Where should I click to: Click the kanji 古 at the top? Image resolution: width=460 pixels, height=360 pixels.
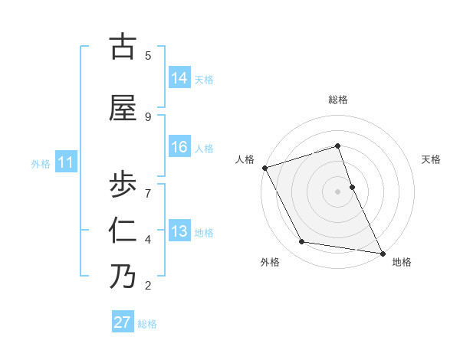click(x=123, y=47)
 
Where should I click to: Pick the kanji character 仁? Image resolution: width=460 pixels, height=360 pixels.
click(x=123, y=231)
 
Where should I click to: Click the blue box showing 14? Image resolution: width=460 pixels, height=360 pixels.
click(x=179, y=78)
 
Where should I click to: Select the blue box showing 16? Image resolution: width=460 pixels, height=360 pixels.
click(x=179, y=147)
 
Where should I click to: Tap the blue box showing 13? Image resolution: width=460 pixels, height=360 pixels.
click(x=179, y=231)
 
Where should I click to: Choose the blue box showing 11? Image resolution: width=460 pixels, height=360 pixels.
click(x=66, y=162)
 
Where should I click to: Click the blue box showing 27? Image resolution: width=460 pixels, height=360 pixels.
click(x=123, y=322)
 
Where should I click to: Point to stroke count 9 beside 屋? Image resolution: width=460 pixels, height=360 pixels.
click(x=148, y=116)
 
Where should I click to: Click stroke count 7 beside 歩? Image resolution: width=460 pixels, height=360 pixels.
click(x=148, y=192)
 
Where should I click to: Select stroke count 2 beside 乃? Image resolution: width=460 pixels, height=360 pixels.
click(x=148, y=286)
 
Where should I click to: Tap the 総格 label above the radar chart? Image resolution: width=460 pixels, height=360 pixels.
click(x=337, y=100)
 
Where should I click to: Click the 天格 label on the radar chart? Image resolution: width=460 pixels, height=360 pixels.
click(x=431, y=159)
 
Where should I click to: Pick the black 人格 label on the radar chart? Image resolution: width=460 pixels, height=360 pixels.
click(x=245, y=159)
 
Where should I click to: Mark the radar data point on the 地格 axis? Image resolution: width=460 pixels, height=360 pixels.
click(x=381, y=253)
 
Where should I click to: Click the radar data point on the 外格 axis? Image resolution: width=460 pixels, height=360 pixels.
click(x=302, y=242)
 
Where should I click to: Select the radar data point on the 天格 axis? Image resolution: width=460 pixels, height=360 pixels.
click(x=352, y=187)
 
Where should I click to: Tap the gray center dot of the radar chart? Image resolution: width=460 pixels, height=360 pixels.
click(x=337, y=191)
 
